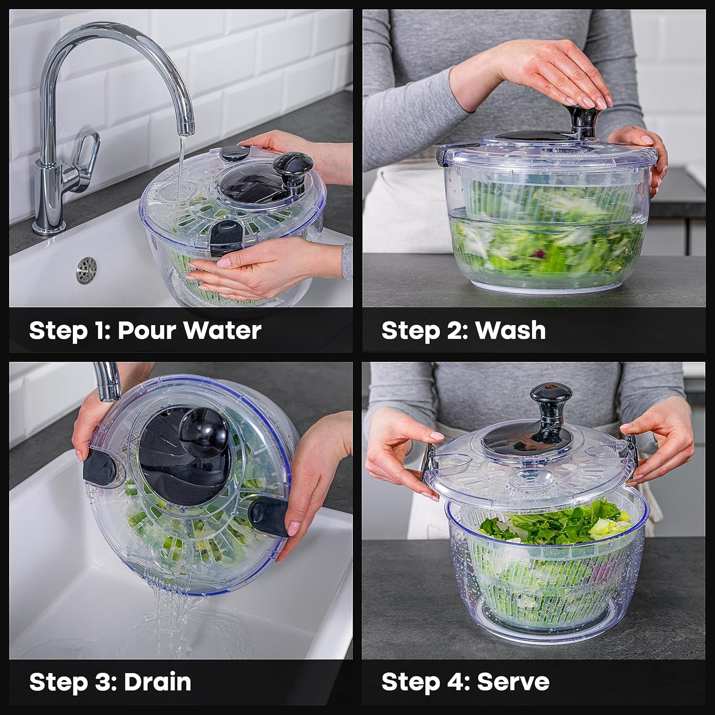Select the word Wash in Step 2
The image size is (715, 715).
pos(511,330)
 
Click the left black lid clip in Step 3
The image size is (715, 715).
pos(98,466)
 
